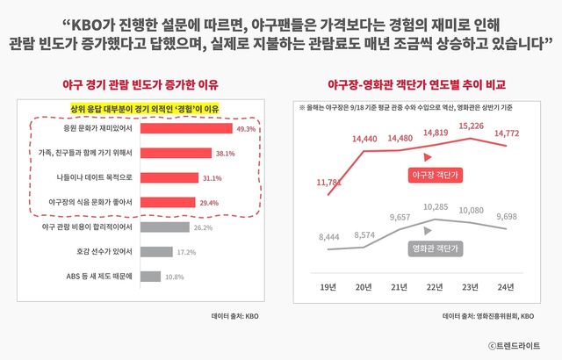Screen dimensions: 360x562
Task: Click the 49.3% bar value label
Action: click(244, 129)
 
